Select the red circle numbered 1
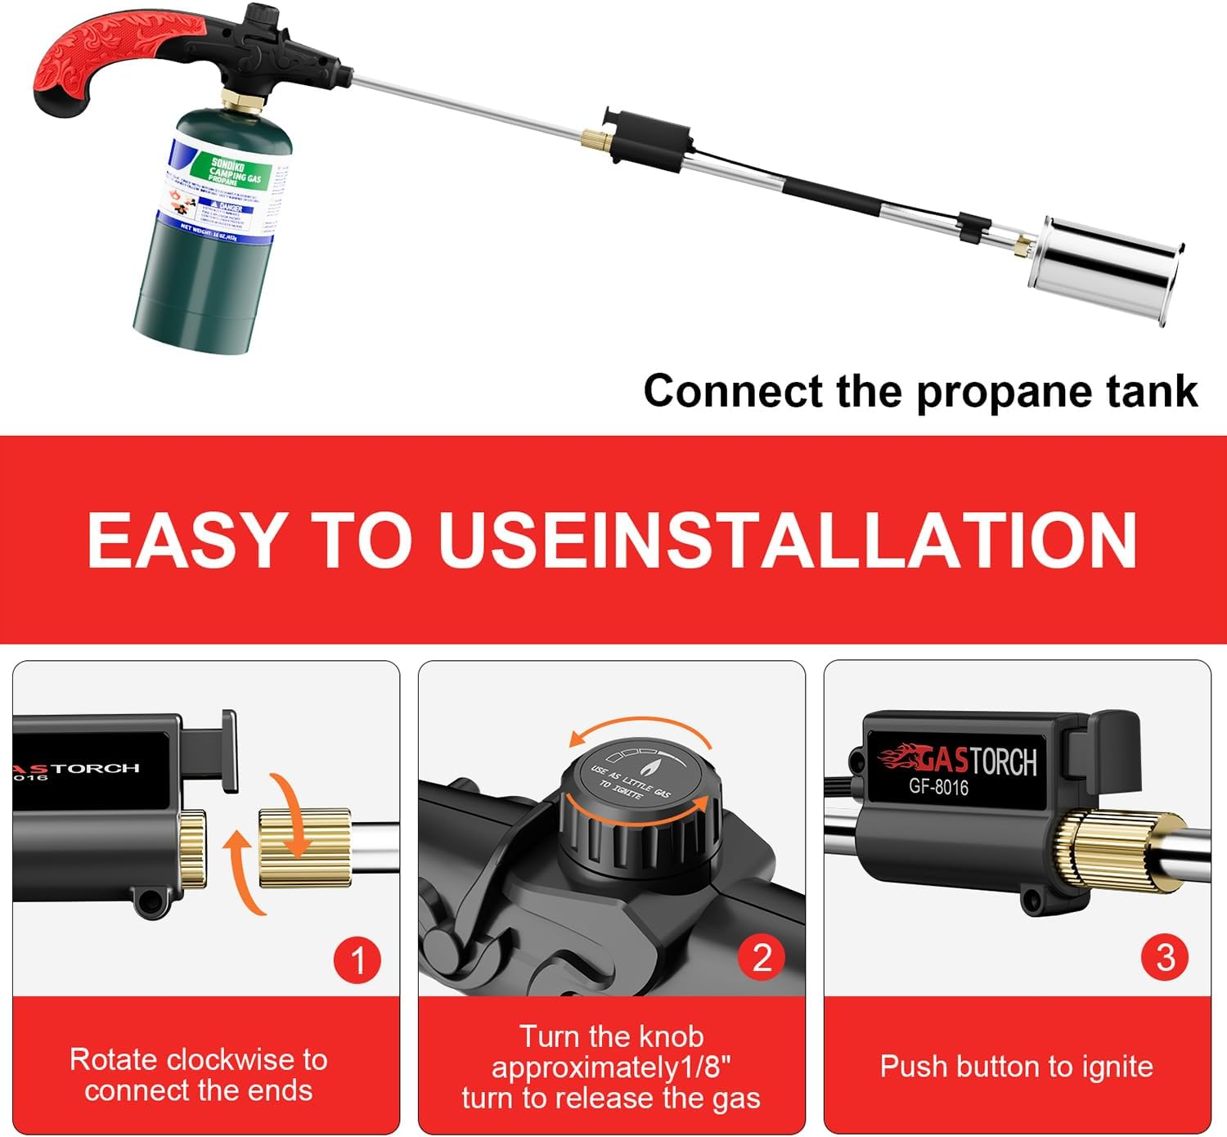click(x=357, y=959)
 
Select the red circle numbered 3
click(x=1166, y=957)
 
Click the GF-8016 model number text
click(x=938, y=787)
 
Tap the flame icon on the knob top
click(x=652, y=768)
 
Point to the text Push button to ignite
click(x=1016, y=1067)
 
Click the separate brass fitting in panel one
click(x=304, y=847)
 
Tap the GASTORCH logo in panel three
click(x=957, y=759)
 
